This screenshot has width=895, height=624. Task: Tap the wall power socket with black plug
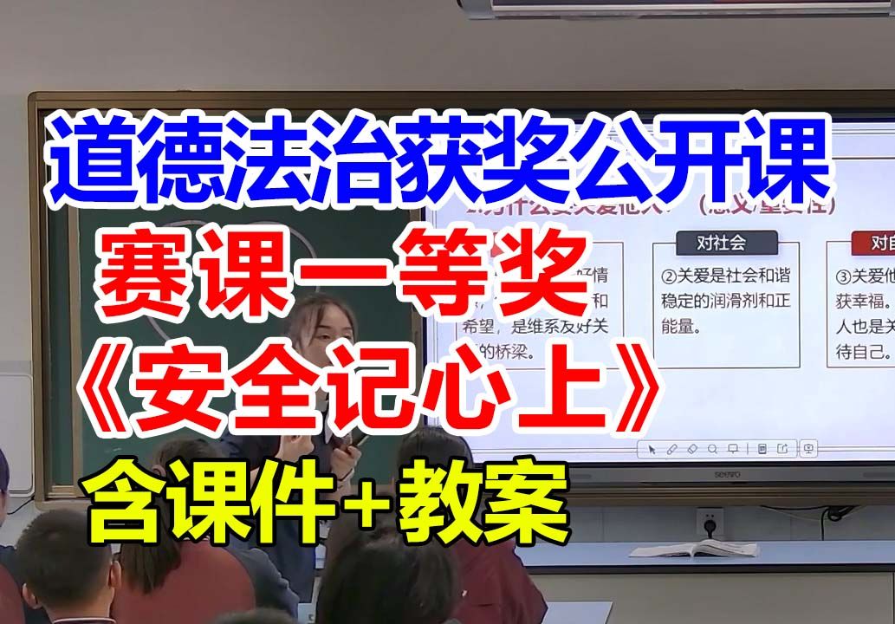pos(710,523)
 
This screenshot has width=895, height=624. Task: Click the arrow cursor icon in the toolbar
pos(651,449)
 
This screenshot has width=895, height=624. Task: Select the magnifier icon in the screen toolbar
pos(712,449)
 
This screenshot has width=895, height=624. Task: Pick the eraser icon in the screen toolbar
pos(691,449)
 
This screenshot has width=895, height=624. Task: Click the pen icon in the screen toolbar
pos(671,449)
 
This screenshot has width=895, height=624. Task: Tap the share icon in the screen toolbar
pos(783,449)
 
